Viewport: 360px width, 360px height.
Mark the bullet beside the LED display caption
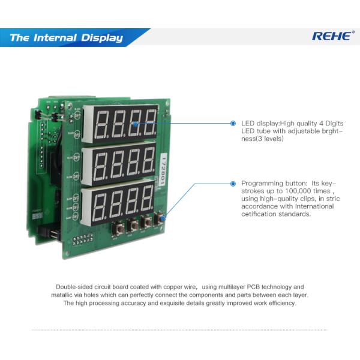coord(233,123)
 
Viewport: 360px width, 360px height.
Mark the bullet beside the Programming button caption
coord(233,182)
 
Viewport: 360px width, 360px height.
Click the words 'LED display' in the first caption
coord(256,123)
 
